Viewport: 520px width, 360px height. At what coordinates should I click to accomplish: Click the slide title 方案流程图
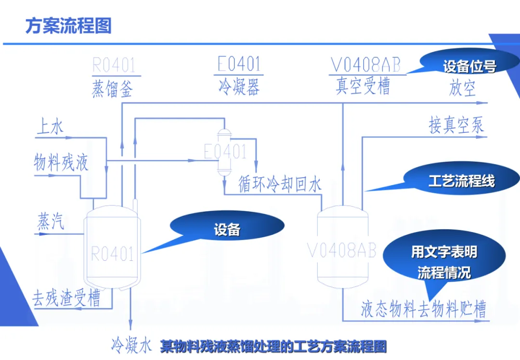coord(68,26)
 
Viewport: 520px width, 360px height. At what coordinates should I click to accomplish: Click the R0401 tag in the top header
coord(114,64)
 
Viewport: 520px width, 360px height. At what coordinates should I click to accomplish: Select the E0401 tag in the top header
coord(239,64)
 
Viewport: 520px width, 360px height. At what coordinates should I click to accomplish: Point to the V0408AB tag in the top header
coord(365,64)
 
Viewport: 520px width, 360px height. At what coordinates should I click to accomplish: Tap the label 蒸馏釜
coord(112,89)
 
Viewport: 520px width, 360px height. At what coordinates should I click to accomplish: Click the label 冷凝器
coord(239,87)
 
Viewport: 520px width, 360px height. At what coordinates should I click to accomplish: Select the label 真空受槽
coord(363,87)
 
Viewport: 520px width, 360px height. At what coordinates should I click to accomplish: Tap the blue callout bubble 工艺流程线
coord(461,181)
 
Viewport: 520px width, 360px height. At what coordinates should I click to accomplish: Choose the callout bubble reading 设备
coord(227,230)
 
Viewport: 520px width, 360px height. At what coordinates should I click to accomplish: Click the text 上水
coord(50,127)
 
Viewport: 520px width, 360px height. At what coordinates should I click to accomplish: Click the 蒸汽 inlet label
coord(51,222)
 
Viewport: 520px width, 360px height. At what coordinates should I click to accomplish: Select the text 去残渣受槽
coord(66,299)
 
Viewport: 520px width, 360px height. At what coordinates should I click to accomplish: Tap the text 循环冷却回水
coord(280,185)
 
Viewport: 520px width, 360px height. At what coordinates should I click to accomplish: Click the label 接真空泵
coord(456,126)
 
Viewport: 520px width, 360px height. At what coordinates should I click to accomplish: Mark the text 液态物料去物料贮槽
coord(423,309)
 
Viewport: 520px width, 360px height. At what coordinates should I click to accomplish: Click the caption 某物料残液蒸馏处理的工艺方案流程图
coord(273,346)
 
